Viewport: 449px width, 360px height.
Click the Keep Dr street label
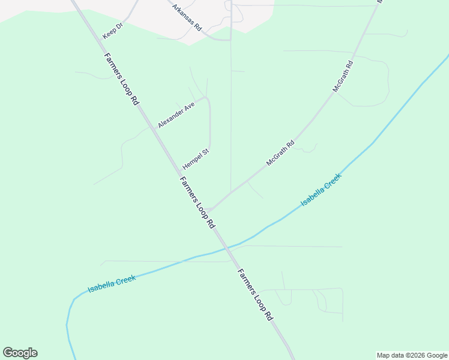point(112,31)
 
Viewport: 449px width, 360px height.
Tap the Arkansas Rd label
point(187,19)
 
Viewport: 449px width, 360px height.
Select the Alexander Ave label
point(176,115)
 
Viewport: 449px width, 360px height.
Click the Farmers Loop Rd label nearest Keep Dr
point(122,80)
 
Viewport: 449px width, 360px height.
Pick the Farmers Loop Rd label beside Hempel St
point(197,203)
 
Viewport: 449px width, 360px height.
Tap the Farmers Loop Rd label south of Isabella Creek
point(255,295)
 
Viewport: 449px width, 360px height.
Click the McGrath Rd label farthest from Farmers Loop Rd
point(343,76)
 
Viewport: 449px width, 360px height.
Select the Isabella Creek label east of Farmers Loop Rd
point(321,190)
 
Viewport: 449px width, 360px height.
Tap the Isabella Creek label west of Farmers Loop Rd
point(112,284)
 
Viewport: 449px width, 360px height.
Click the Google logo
point(20,353)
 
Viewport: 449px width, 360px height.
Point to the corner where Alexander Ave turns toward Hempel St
point(206,98)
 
